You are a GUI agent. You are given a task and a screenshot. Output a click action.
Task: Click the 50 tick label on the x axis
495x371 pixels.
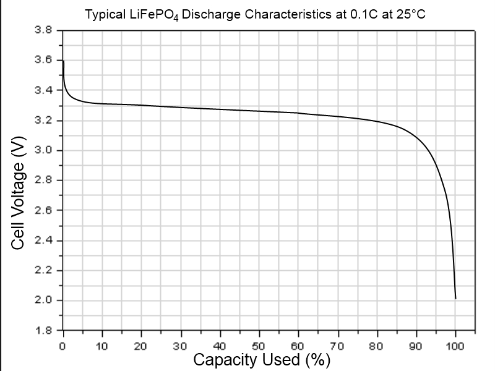pyautogui.click(x=259, y=344)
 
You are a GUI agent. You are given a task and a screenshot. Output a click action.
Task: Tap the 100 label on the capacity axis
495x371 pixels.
pyautogui.click(x=455, y=344)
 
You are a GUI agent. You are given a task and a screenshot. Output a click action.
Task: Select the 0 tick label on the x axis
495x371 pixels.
pyautogui.click(x=63, y=344)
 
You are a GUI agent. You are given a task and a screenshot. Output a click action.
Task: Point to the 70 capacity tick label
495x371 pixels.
pyautogui.click(x=338, y=344)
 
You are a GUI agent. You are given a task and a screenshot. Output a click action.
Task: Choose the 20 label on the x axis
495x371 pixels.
pyautogui.click(x=142, y=344)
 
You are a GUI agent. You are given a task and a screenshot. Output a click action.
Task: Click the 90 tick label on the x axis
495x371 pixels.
pyautogui.click(x=416, y=344)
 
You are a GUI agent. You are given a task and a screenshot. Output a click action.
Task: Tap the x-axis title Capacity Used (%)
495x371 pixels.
pyautogui.click(x=262, y=359)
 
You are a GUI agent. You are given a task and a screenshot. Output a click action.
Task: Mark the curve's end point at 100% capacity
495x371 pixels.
pyautogui.click(x=455, y=299)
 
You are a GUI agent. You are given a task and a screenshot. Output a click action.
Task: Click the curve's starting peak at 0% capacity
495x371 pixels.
pyautogui.click(x=63, y=61)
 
